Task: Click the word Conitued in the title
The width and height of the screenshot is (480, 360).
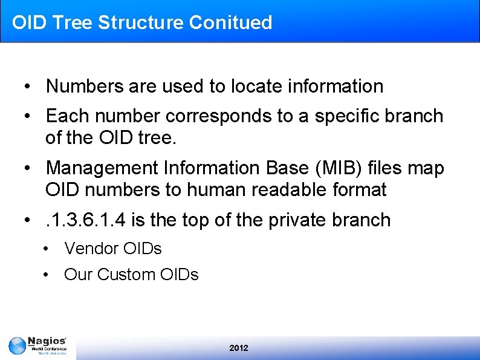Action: click(230, 22)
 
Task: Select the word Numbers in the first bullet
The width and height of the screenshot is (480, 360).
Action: click(85, 87)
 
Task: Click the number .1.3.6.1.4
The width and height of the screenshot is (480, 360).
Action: click(86, 220)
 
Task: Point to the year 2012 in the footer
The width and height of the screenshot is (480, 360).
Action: click(239, 348)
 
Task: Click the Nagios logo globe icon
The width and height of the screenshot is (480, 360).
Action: click(17, 346)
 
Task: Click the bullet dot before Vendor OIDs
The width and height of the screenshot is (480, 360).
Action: click(46, 249)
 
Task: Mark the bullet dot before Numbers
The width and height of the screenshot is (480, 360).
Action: click(28, 87)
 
